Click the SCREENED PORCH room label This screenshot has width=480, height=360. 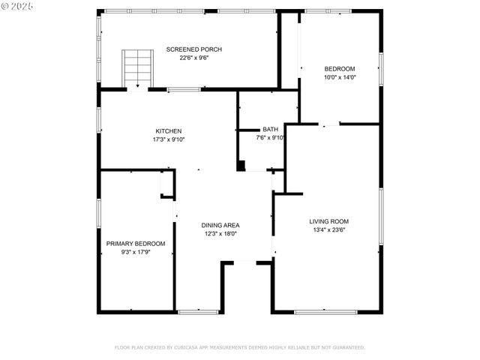coord(194,49)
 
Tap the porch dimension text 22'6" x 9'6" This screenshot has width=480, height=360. coord(194,58)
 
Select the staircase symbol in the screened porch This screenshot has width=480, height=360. coord(137,67)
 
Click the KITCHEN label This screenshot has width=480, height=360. coord(168,131)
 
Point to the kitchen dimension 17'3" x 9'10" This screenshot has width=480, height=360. coord(168,139)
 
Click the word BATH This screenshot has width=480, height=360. coord(270,130)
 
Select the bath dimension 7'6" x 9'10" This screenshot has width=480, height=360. coord(271,138)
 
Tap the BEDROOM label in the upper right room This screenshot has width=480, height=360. coord(339,68)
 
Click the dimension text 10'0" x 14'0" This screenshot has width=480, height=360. coord(339,76)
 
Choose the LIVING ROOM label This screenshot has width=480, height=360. coord(328,221)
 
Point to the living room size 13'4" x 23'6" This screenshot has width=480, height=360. coord(328,230)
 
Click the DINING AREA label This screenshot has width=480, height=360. coord(220,225)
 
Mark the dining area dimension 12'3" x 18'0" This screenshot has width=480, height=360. coord(220,233)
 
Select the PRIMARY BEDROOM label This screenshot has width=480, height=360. coord(135,244)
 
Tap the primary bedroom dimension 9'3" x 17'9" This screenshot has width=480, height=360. coord(135,253)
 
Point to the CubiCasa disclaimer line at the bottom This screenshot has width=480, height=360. coord(239,347)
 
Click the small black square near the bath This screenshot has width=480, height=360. coord(241,166)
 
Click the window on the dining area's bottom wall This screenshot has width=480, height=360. coord(198,311)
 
